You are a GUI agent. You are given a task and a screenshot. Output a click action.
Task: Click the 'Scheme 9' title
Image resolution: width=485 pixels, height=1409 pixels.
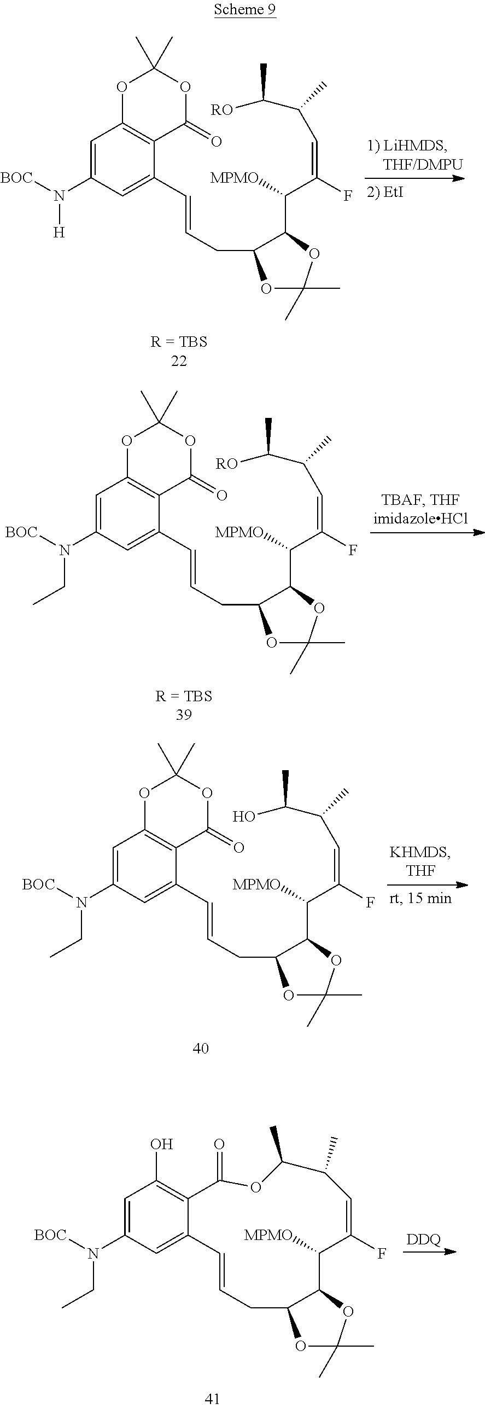coord(244,9)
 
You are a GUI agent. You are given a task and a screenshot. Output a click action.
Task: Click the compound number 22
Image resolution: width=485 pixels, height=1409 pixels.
coord(179,361)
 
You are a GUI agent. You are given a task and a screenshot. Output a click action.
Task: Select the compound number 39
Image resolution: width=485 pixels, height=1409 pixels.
coord(184,714)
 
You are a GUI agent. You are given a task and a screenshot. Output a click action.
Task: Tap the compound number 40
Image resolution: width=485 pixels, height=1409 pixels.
coord(201,1048)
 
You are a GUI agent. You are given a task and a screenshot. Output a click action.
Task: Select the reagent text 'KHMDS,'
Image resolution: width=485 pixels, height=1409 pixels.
coord(420,852)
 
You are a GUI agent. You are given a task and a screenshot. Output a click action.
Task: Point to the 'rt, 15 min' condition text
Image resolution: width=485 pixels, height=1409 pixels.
coord(420,898)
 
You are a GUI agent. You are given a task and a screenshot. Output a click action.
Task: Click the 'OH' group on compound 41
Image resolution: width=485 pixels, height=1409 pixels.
coord(161,1144)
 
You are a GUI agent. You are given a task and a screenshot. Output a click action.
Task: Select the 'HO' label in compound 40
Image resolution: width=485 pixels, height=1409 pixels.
coord(244,817)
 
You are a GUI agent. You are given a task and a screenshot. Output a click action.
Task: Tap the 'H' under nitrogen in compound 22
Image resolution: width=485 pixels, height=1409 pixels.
coord(59,232)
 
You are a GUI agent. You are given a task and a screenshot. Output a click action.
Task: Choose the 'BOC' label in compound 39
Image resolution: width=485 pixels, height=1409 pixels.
coord(21,532)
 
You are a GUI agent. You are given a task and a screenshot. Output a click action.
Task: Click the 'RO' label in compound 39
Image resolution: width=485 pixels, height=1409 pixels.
coord(226,464)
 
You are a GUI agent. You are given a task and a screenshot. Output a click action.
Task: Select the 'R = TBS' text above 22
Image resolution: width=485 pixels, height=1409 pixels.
coord(179,342)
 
